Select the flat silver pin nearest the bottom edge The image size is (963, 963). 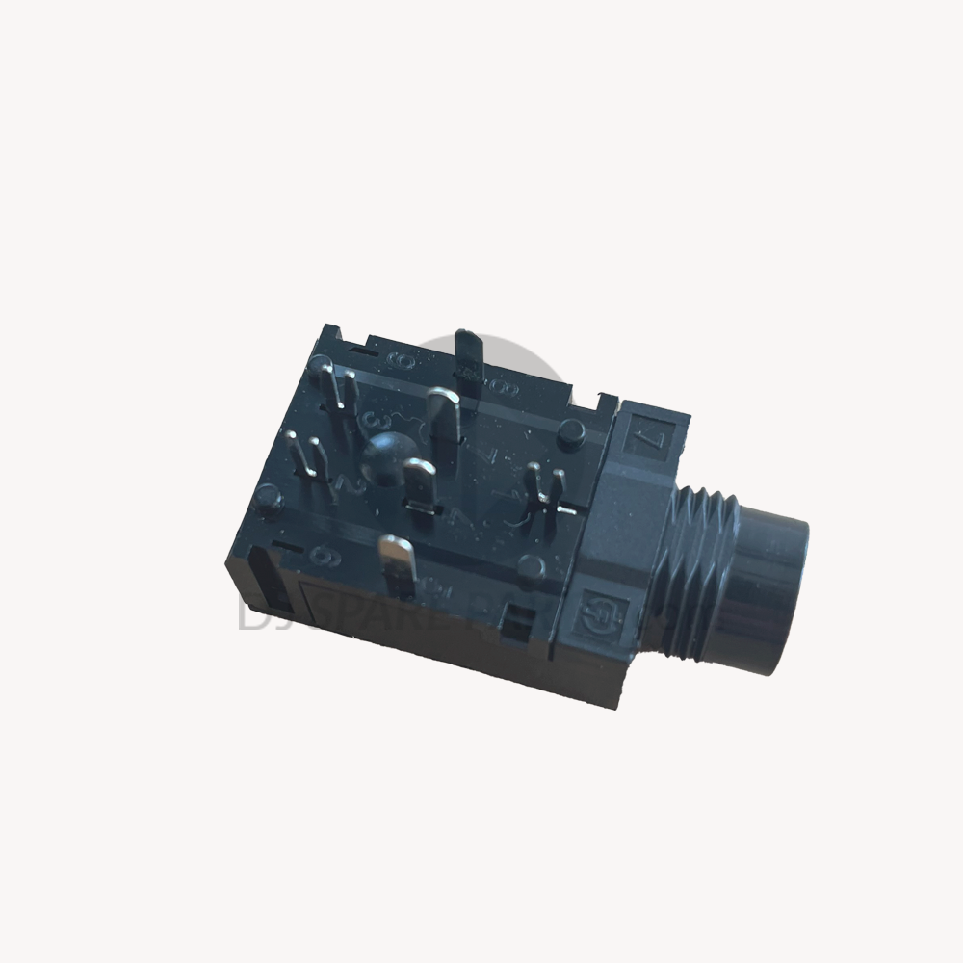point(397,564)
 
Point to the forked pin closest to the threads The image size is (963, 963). point(543,486)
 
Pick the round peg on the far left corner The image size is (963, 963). point(269,498)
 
